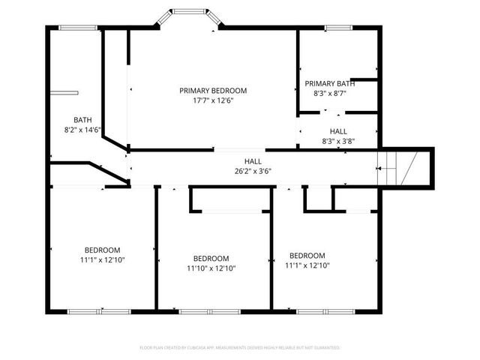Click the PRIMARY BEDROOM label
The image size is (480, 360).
[x=212, y=91]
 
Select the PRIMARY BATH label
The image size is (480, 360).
[x=329, y=83]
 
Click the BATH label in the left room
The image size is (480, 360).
[x=82, y=120]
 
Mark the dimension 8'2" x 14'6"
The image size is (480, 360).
[x=82, y=130]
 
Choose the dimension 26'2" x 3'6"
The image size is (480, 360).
[x=253, y=171]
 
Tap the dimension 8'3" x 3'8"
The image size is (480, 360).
[x=337, y=140]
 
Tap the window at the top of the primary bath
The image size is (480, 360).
[x=338, y=28]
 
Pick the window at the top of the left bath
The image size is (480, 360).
[x=78, y=28]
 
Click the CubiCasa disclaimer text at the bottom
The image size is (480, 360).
[x=240, y=348]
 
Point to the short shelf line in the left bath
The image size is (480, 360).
[x=65, y=93]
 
